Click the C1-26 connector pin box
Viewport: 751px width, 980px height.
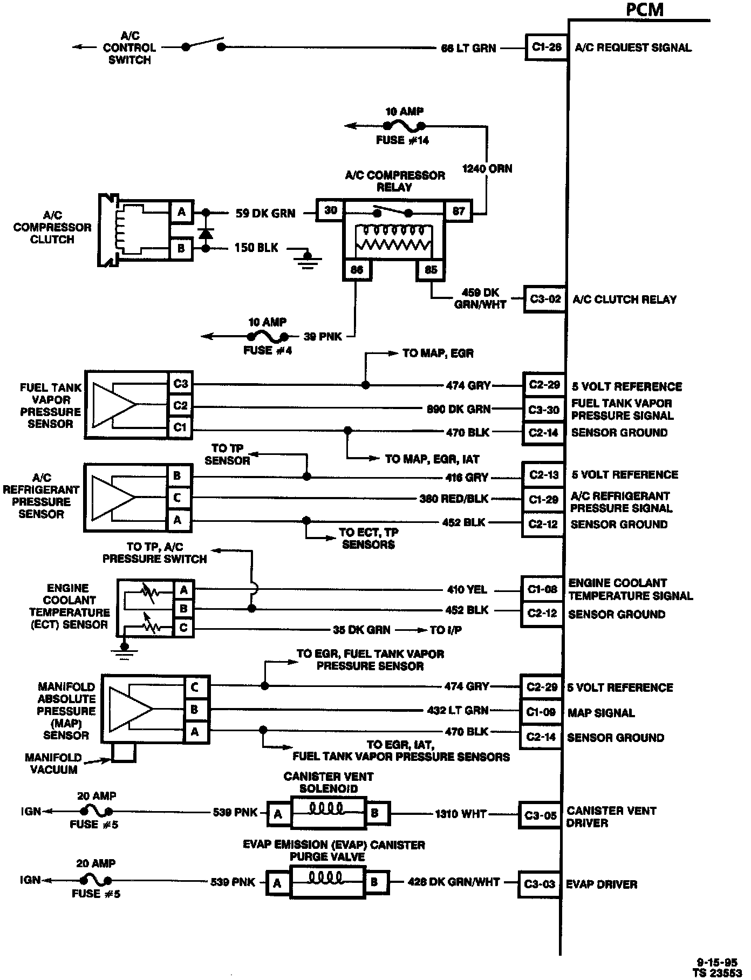[547, 47]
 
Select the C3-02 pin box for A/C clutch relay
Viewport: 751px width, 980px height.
[545, 300]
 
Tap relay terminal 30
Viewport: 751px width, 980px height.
[330, 210]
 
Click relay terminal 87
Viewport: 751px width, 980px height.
[458, 211]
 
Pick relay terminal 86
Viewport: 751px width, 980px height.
[357, 269]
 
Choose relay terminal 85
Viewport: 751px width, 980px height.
[431, 269]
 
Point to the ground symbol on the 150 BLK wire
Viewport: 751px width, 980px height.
[308, 258]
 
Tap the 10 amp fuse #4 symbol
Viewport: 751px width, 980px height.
[267, 337]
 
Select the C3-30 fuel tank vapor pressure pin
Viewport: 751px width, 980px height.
[544, 410]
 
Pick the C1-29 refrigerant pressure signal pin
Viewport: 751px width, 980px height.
[543, 500]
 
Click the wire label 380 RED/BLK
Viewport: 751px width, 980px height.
[453, 499]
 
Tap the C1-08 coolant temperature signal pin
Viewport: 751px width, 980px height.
[542, 590]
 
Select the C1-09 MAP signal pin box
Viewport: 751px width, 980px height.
[541, 712]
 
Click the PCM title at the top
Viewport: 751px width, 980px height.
[645, 9]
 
